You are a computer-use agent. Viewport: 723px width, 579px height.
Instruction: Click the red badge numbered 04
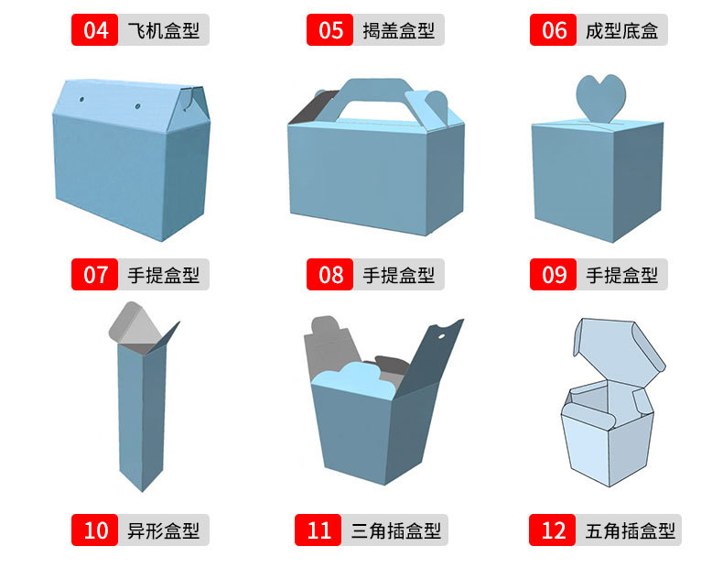coord(95,30)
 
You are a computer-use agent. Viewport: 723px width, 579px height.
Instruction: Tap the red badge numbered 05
coord(330,30)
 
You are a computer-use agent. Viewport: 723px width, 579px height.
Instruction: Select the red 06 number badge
coord(554,30)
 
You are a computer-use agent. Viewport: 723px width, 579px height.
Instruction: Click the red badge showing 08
coord(330,274)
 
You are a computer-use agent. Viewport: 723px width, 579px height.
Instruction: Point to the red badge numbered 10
coord(95,530)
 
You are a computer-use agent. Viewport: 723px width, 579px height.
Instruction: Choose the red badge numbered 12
coord(554,530)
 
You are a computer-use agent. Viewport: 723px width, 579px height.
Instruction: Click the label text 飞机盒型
coord(163,30)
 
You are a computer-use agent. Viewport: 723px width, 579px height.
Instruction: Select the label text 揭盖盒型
coord(398,30)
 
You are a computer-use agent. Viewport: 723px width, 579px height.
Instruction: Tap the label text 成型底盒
coord(621,30)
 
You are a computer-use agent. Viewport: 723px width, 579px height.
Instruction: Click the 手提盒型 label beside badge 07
coord(163,274)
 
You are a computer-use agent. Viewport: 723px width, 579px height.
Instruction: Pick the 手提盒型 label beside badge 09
coord(621,274)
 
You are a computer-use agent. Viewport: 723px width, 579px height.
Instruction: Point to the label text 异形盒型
coord(163,530)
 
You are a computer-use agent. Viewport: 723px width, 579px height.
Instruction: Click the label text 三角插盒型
coord(395,530)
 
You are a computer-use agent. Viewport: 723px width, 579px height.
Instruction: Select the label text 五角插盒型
coord(630,530)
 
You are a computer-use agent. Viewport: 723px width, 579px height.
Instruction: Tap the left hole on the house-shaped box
coord(81,96)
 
